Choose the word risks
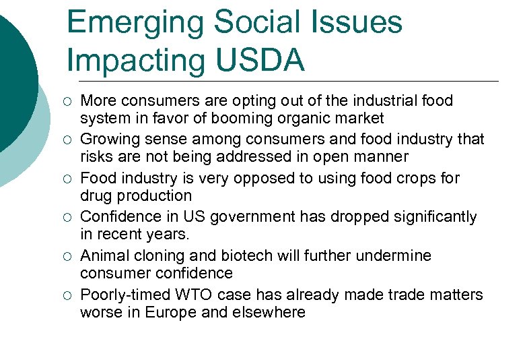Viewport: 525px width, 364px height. (x=96, y=157)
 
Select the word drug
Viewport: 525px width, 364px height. (x=95, y=196)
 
